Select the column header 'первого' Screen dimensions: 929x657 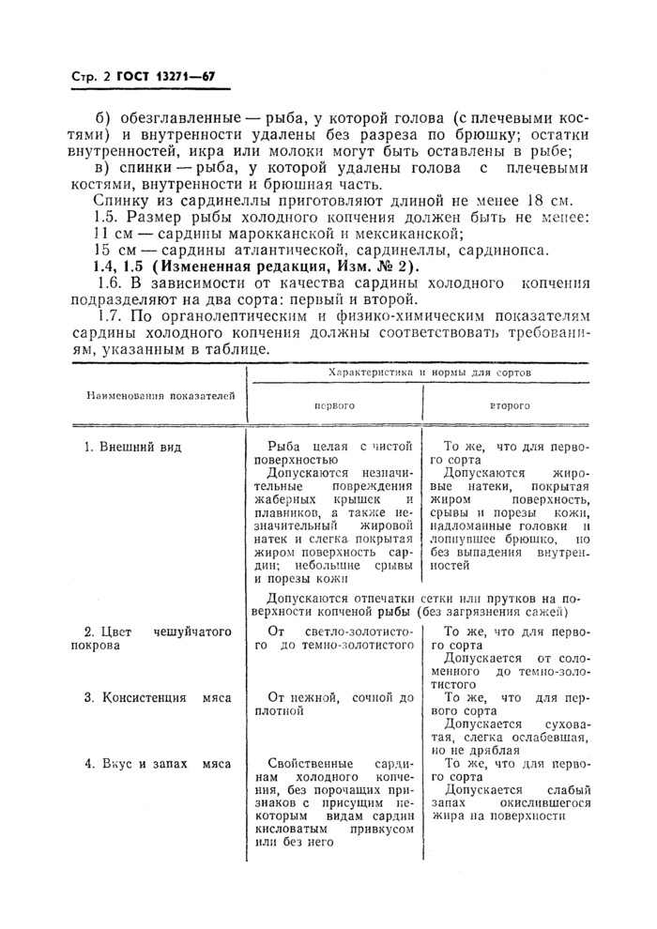coord(333,408)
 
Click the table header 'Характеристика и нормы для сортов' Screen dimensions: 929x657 coord(424,373)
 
